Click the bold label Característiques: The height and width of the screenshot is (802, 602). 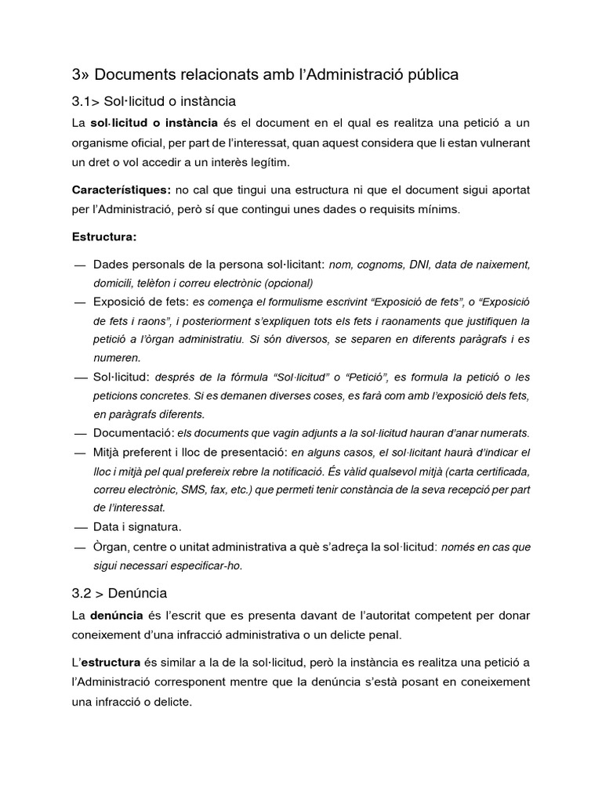pyautogui.click(x=121, y=190)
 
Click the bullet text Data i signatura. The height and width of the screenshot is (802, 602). pyautogui.click(x=137, y=527)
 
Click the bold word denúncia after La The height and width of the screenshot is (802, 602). pyautogui.click(x=118, y=616)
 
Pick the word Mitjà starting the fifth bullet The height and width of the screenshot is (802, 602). pyautogui.click(x=109, y=452)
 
